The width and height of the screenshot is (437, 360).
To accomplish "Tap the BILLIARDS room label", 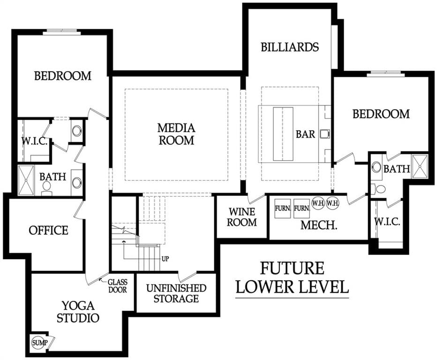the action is [x=290, y=47].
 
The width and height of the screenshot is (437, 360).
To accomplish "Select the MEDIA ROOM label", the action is [x=176, y=134].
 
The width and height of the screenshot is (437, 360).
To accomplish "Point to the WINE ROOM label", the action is [x=241, y=217].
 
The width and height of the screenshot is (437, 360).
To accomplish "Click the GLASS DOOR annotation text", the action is [x=117, y=286].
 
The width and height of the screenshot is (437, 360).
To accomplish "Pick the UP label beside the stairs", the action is [x=165, y=259].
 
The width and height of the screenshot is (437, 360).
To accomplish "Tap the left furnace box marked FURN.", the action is [x=283, y=209].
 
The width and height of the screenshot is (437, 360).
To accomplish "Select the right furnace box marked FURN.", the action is [x=301, y=209].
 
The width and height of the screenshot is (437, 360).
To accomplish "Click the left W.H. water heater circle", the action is [x=318, y=203].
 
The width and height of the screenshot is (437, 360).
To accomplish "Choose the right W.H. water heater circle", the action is [x=332, y=203].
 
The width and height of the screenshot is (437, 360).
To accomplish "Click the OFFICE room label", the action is [x=48, y=231].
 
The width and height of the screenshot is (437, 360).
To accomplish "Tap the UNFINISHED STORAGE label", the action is [x=176, y=293].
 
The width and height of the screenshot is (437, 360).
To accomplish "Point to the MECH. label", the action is [x=319, y=225].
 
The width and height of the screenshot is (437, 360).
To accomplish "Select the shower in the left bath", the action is [x=26, y=180].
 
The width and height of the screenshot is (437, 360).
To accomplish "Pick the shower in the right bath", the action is [x=420, y=166].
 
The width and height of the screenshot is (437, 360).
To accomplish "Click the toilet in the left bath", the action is [x=46, y=188].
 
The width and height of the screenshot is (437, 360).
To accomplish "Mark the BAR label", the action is [x=305, y=135].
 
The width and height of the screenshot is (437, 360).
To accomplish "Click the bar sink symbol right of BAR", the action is [x=324, y=134].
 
